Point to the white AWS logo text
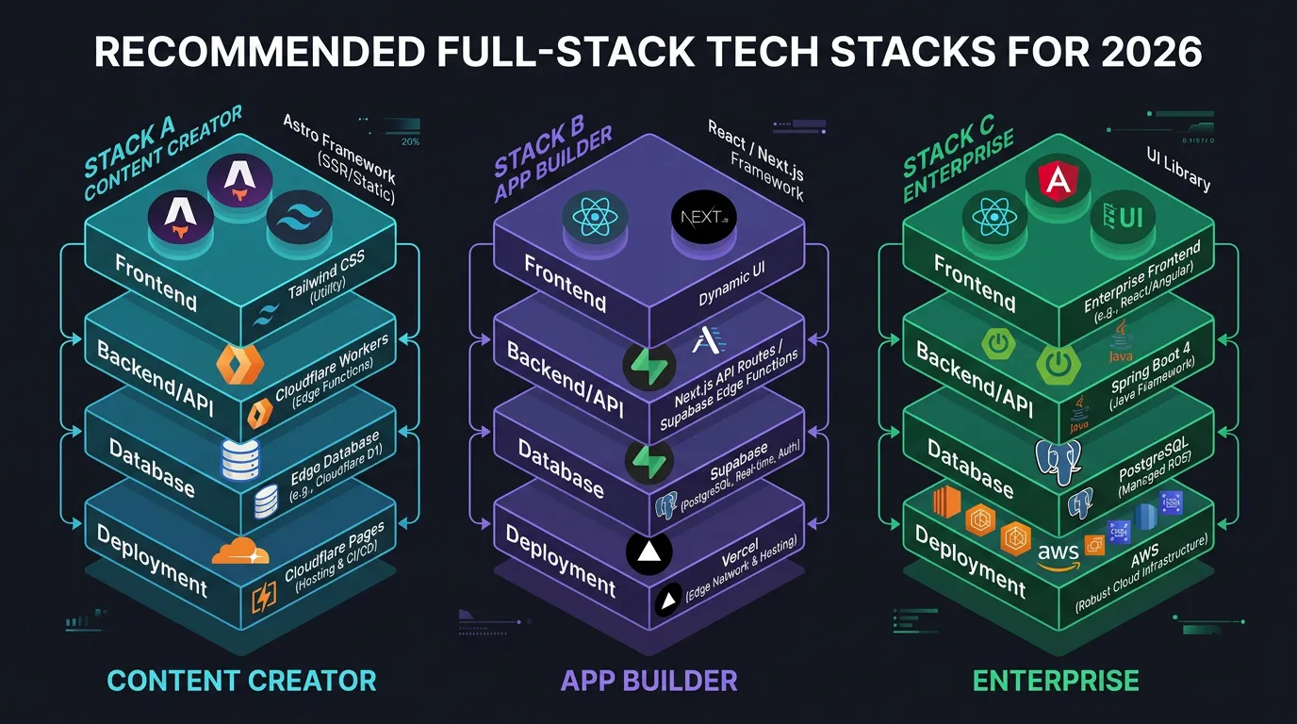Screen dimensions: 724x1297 (1058, 553)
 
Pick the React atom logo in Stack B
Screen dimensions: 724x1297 (594, 218)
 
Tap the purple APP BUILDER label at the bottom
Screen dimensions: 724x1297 (648, 681)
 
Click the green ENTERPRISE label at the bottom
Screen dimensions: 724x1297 (1056, 681)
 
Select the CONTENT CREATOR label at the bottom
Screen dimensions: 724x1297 (241, 681)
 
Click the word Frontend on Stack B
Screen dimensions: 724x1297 (566, 283)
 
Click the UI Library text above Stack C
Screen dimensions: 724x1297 (1177, 171)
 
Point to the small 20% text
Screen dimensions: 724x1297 (410, 142)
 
